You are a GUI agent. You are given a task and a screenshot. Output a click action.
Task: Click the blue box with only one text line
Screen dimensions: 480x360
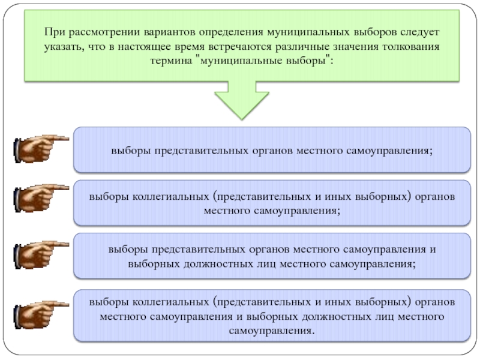click(x=271, y=149)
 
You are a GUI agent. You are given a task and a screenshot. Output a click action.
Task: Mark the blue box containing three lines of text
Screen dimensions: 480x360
click(x=271, y=315)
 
